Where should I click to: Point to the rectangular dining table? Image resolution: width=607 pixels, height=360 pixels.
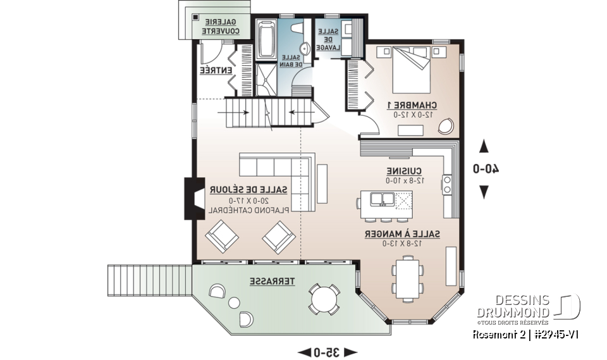pyautogui.click(x=406, y=276)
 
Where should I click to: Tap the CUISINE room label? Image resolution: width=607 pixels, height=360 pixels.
pyautogui.click(x=405, y=171)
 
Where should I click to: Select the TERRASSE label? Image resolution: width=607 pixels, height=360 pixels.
pyautogui.click(x=271, y=280)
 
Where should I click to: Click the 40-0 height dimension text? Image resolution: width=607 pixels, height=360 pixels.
pyautogui.click(x=487, y=169)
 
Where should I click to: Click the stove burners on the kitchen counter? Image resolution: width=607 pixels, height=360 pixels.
pyautogui.click(x=448, y=184)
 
